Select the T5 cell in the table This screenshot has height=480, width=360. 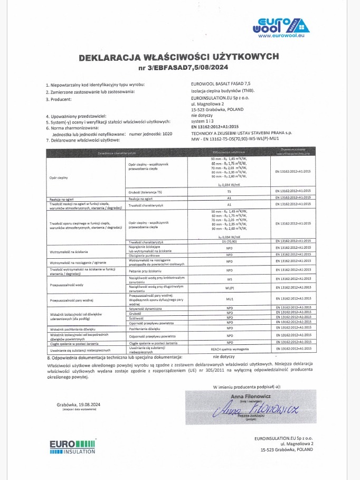[x=229, y=206]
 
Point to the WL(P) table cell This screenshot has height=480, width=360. [x=229, y=288]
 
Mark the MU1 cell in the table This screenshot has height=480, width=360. [x=229, y=299]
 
